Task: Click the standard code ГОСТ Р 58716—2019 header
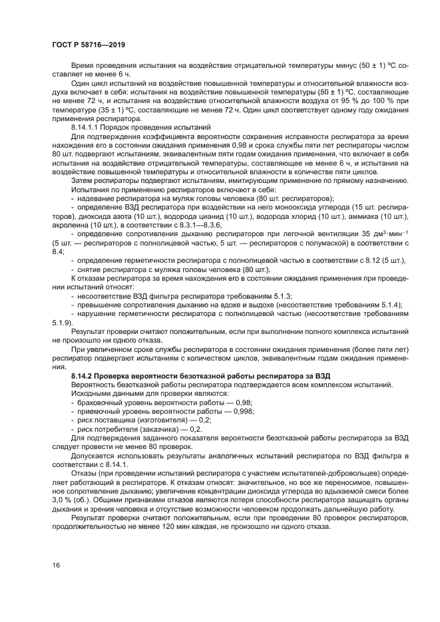click(x=89, y=45)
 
